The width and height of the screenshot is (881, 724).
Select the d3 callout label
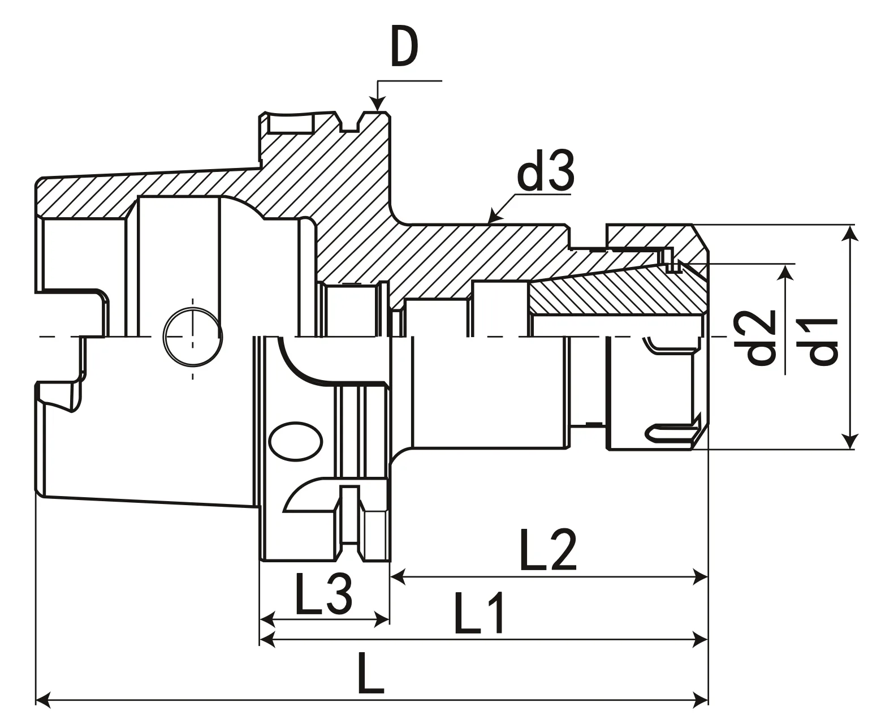coord(547,172)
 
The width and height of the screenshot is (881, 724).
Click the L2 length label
coord(547,549)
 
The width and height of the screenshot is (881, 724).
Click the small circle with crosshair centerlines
coord(192,337)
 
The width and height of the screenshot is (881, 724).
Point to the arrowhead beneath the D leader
coord(377,104)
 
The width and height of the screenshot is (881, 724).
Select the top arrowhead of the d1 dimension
coord(849,232)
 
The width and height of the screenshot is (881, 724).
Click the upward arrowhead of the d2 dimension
coord(784,272)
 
